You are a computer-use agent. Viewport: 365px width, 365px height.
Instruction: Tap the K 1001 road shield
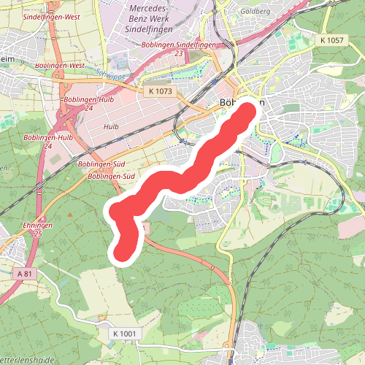click(125, 333)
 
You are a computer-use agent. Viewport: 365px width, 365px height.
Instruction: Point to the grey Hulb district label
click(111, 126)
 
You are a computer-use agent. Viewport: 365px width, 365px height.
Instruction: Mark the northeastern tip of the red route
click(248, 112)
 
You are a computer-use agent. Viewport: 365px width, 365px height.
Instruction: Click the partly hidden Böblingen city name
click(242, 104)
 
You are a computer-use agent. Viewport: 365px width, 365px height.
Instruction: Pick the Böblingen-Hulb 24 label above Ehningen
click(48, 142)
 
